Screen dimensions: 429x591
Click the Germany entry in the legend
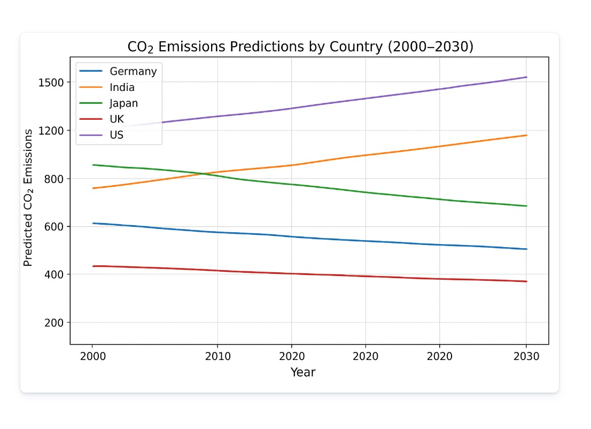[133, 71]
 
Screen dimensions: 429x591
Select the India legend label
[122, 87]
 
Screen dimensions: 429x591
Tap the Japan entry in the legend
[123, 103]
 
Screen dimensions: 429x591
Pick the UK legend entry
[116, 119]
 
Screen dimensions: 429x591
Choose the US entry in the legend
[116, 135]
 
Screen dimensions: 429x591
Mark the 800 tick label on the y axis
[56, 179]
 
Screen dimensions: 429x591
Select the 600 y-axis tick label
[56, 226]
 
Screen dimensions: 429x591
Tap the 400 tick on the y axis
[56, 274]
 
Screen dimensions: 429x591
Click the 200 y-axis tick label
[56, 323]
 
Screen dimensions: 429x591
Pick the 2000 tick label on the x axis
[92, 356]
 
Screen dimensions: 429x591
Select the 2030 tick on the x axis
[526, 356]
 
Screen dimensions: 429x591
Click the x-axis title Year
[303, 372]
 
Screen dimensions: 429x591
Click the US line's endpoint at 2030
[526, 77]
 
